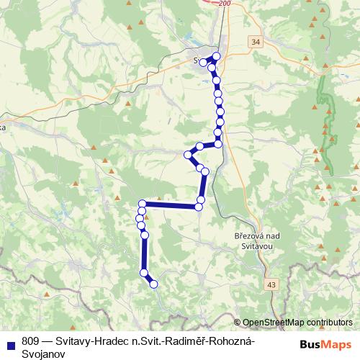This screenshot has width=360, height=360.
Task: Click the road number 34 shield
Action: (x=257, y=43)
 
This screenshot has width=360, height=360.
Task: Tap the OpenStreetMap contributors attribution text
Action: (x=298, y=323)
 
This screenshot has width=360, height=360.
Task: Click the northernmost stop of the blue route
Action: (x=216, y=56)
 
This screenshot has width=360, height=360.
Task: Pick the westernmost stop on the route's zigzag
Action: (x=188, y=154)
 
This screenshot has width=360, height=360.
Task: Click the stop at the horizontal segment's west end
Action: (x=143, y=204)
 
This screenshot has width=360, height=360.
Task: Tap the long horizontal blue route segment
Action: (x=171, y=205)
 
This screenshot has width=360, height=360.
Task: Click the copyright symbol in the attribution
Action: (x=238, y=323)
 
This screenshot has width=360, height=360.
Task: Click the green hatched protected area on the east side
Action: (x=330, y=115)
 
